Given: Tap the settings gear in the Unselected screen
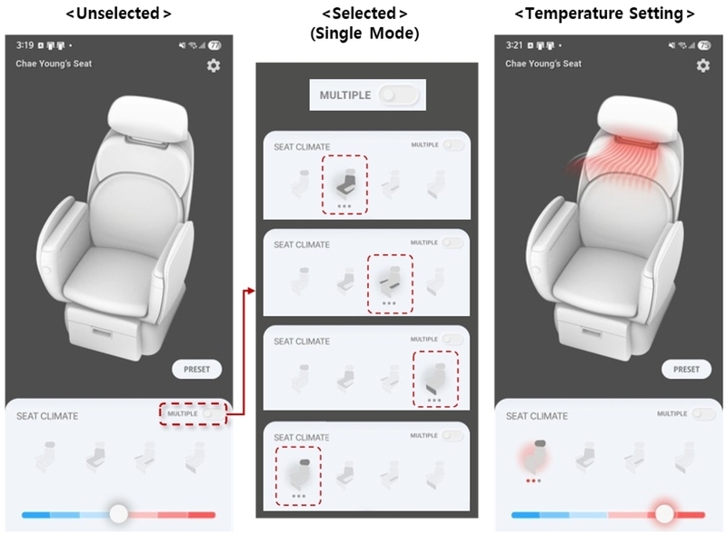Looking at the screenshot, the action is coord(214,65).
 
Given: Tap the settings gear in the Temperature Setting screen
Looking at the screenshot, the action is coord(702,65).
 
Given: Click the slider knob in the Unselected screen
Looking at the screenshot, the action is coord(119,513).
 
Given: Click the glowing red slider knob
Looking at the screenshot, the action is coord(664,513).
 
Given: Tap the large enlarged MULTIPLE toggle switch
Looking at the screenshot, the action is coord(398,95).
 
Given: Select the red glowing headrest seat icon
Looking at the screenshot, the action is coord(534,456).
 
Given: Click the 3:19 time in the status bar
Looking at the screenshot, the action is coord(25,45).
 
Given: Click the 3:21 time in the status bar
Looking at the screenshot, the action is coord(514,45).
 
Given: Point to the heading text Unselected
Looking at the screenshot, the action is coord(118,14).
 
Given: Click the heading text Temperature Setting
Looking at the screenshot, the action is coord(604,14).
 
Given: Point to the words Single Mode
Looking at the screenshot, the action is coord(364,34).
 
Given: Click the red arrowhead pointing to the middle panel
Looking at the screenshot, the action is coord(251,291).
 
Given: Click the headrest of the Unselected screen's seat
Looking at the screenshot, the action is coord(148,116).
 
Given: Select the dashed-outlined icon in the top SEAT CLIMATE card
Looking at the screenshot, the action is coord(344,184).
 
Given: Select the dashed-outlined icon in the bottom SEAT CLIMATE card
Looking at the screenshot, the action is coord(298,476).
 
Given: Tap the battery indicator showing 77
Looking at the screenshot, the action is coord(214,45).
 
